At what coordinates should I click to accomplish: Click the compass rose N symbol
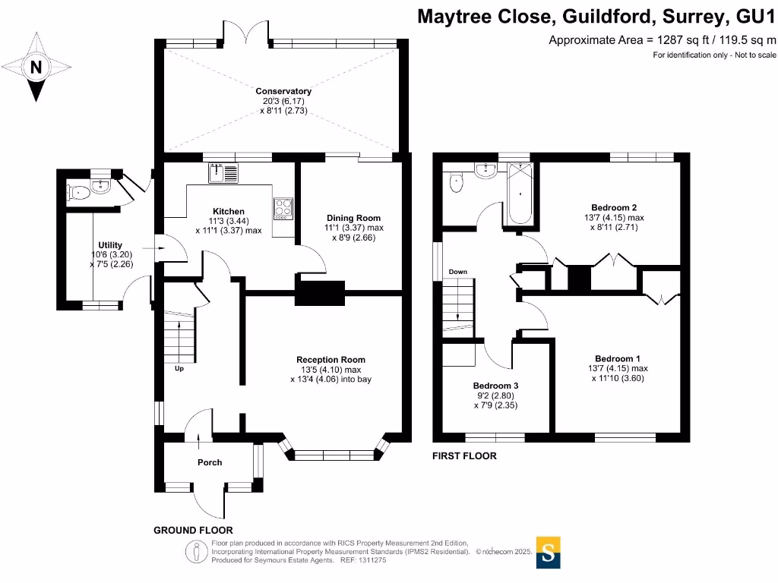point(36,68)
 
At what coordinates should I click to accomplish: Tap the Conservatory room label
point(283,91)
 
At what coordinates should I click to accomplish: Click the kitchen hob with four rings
point(283,207)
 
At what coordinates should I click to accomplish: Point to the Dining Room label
point(353,217)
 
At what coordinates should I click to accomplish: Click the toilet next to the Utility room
point(79,193)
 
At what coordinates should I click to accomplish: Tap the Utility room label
point(110,244)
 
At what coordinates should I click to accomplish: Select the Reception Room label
point(330,360)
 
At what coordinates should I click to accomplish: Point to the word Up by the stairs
point(179,369)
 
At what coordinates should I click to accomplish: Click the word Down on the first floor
point(457,272)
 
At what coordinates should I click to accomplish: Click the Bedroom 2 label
point(614,207)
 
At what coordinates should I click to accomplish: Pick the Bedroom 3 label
point(495,385)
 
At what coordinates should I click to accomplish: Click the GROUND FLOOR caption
point(193,530)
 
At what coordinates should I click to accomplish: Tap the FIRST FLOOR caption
point(464,456)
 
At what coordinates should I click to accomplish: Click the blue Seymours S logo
point(549,553)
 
